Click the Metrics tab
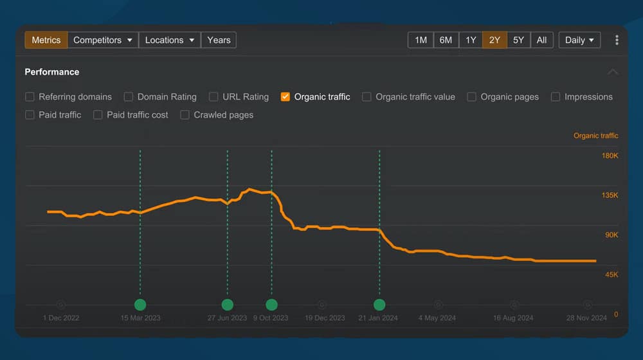[x=46, y=40]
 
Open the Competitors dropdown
[x=103, y=40]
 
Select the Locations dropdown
[x=170, y=40]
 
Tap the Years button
[x=219, y=40]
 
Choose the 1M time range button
[x=421, y=40]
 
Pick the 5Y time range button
[x=518, y=40]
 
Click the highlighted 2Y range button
[x=494, y=40]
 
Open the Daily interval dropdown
[x=579, y=40]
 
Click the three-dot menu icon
[x=617, y=40]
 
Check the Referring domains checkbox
[x=30, y=97]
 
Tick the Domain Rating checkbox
[x=129, y=97]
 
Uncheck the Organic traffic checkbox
[x=285, y=97]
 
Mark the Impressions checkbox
[x=556, y=97]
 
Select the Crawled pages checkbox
[x=185, y=115]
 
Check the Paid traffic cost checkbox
[x=98, y=115]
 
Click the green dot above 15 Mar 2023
[x=140, y=305]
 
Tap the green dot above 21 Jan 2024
[x=379, y=305]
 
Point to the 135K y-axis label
[x=610, y=195]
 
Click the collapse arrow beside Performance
[x=613, y=72]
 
